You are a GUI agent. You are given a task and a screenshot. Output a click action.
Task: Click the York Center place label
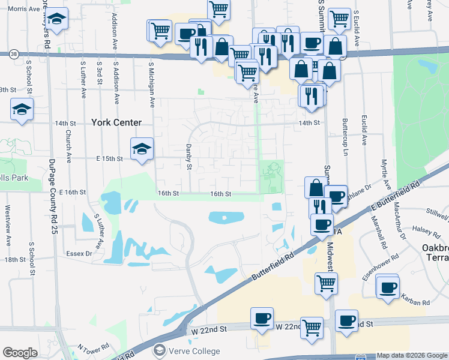pyautogui.click(x=116, y=122)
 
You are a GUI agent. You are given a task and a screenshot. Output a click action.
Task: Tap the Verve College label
pyautogui.click(x=194, y=351)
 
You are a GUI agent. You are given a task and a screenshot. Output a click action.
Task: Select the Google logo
pyautogui.click(x=20, y=353)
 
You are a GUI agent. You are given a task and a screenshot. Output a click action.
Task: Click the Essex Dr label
pyautogui.click(x=79, y=253)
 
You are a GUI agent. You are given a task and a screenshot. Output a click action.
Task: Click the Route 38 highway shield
pyautogui.click(x=13, y=54)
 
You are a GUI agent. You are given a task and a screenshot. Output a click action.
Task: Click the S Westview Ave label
pyautogui.click(x=8, y=226)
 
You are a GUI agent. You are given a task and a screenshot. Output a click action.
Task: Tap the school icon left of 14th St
pyautogui.click(x=22, y=109)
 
